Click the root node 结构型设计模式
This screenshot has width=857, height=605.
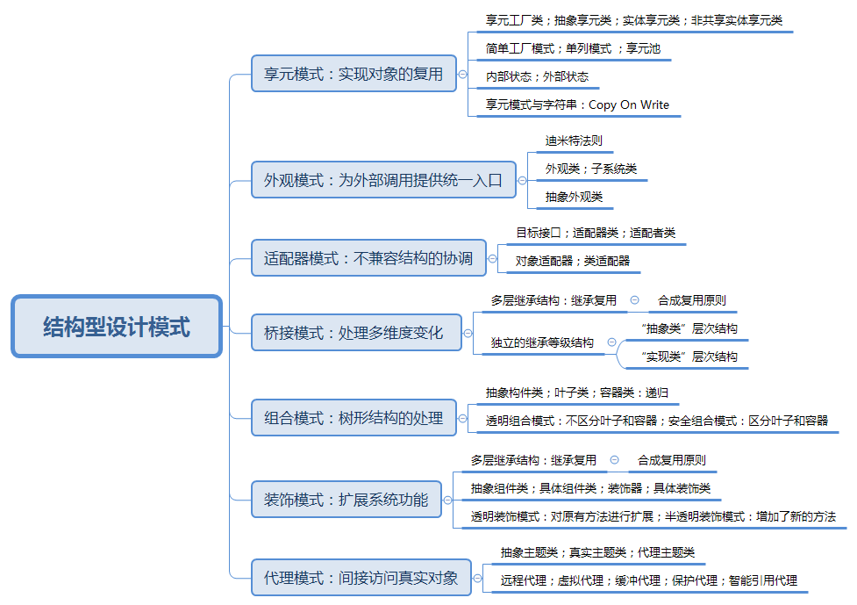(x=117, y=327)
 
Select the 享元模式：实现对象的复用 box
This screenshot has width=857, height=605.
(x=354, y=74)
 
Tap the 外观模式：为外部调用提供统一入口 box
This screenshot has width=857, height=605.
(x=382, y=180)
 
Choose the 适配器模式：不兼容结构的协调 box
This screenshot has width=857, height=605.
(x=368, y=258)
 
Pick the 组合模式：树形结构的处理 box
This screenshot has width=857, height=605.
(x=354, y=417)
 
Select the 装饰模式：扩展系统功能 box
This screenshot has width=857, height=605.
(x=346, y=500)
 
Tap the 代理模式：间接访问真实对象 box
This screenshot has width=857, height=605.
(x=361, y=578)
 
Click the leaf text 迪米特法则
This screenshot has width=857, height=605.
(x=574, y=140)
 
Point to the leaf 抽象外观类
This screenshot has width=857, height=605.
(x=574, y=197)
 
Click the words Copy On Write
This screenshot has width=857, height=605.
(x=629, y=104)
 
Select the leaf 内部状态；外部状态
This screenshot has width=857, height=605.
(x=537, y=76)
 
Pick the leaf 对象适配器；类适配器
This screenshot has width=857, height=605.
(x=572, y=260)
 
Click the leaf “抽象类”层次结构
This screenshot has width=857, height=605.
(x=689, y=328)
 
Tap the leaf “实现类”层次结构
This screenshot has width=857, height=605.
(x=689, y=357)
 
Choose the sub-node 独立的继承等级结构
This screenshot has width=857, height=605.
(x=542, y=342)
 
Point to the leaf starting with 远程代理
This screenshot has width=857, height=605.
(x=648, y=580)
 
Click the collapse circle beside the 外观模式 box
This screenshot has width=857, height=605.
(x=523, y=180)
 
